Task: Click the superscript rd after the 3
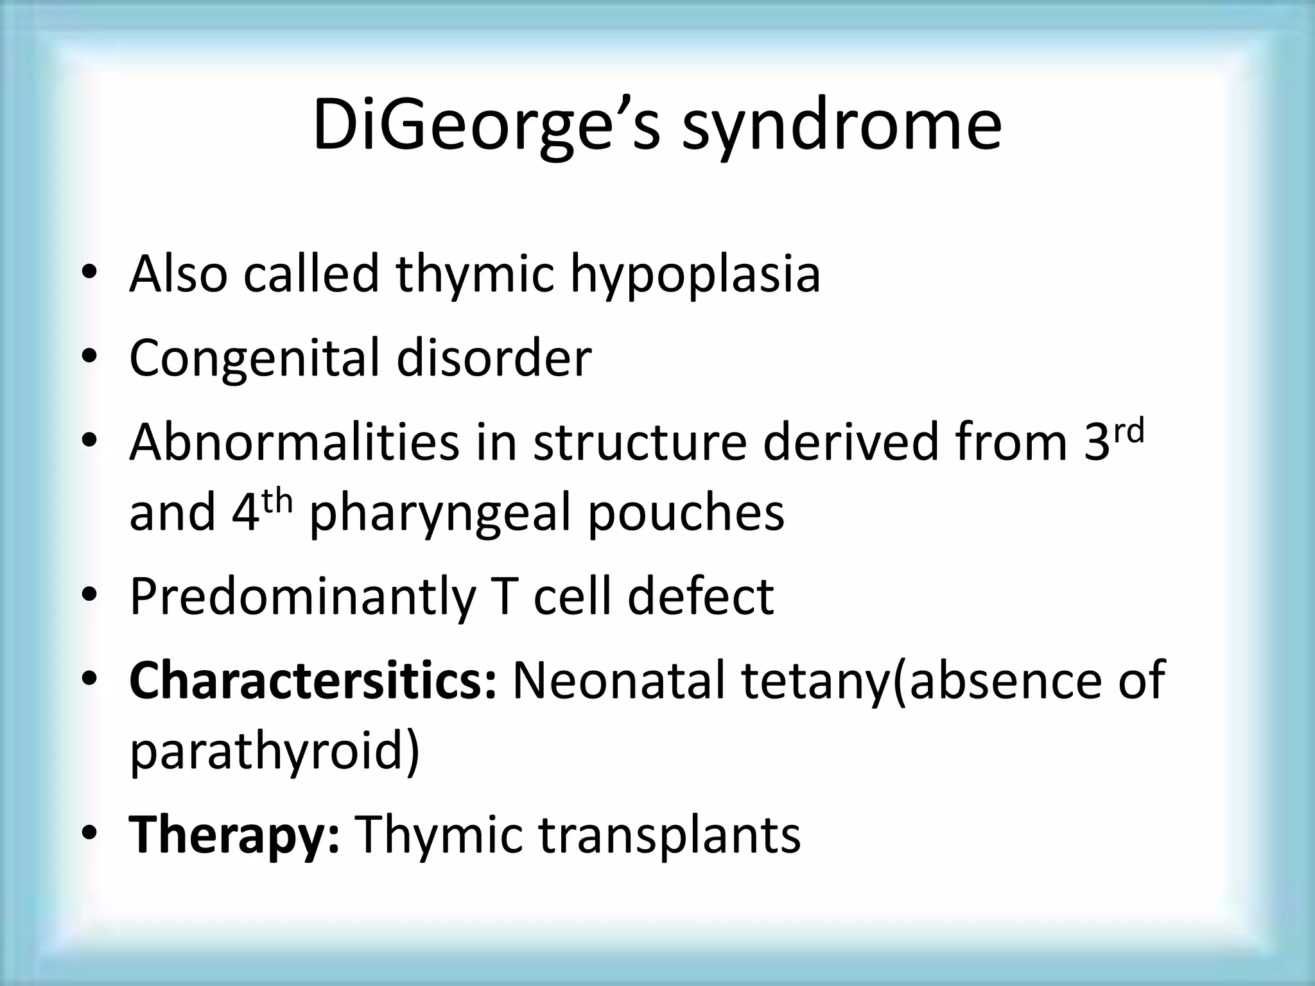point(1128,432)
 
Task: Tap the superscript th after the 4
point(277,501)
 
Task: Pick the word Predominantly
point(302,597)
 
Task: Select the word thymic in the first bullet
point(475,275)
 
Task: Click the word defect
point(701,597)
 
